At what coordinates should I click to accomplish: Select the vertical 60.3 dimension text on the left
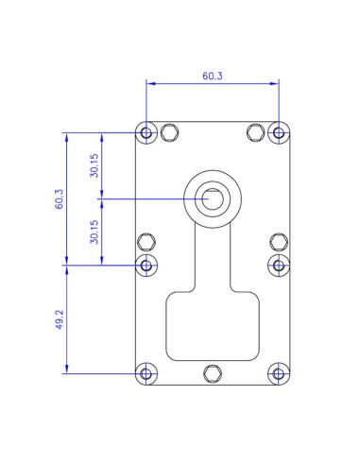click(58, 199)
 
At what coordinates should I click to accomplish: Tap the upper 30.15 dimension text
click(94, 165)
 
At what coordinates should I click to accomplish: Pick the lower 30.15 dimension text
click(94, 232)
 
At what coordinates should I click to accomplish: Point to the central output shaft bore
click(212, 199)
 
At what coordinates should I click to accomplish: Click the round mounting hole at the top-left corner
click(146, 132)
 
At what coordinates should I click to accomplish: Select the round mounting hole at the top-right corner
click(279, 132)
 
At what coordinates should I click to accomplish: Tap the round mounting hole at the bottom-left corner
click(146, 373)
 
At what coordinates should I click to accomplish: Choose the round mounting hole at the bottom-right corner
click(279, 373)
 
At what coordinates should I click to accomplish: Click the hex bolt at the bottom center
click(212, 373)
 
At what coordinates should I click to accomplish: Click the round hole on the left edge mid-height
click(146, 266)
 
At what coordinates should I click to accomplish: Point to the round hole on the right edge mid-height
click(279, 266)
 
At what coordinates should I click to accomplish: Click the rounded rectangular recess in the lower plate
click(212, 326)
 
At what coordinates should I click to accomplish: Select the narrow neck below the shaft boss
click(212, 260)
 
